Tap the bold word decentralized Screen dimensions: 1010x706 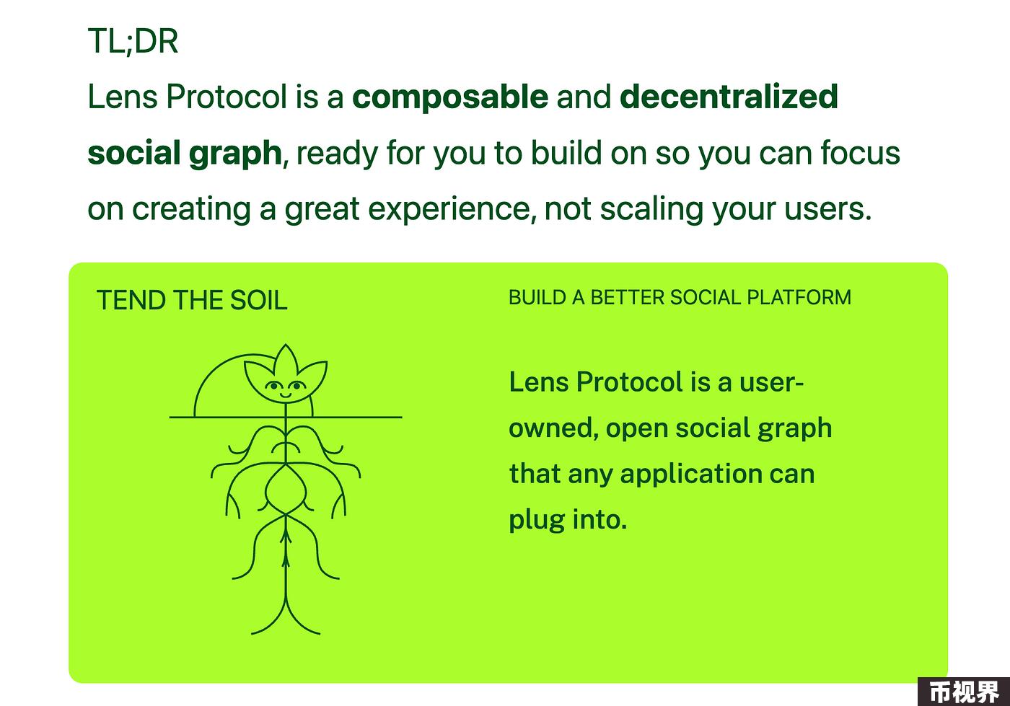[x=729, y=96]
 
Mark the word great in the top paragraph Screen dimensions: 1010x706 [x=322, y=211]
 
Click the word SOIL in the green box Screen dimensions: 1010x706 [x=258, y=300]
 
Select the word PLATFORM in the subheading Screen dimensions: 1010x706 [x=799, y=298]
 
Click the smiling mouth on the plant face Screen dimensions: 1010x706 [x=285, y=395]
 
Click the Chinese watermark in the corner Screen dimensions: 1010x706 [x=965, y=692]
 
